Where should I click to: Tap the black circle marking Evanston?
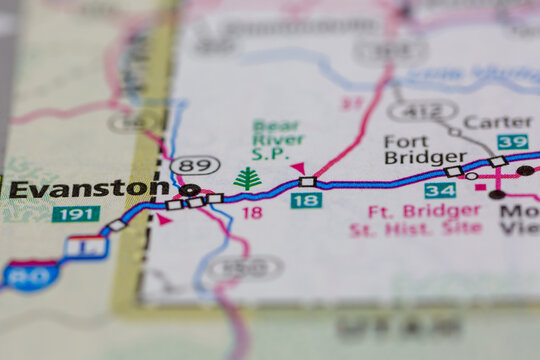click(188, 189)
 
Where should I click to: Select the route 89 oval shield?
click(195, 165)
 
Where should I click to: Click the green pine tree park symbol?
click(247, 179)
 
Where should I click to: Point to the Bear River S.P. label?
click(277, 140)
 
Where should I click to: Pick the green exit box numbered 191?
click(76, 213)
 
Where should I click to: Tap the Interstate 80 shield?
click(31, 276)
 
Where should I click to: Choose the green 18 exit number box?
click(306, 201)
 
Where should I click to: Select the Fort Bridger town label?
click(425, 149)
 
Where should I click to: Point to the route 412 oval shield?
click(422, 110)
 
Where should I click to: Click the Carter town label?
click(498, 122)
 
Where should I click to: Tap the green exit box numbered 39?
click(512, 142)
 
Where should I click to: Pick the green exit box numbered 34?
click(440, 190)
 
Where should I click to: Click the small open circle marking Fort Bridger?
click(471, 176)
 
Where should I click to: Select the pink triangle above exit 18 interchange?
click(298, 168)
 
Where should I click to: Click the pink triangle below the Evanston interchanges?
click(163, 218)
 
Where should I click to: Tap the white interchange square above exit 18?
click(307, 182)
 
